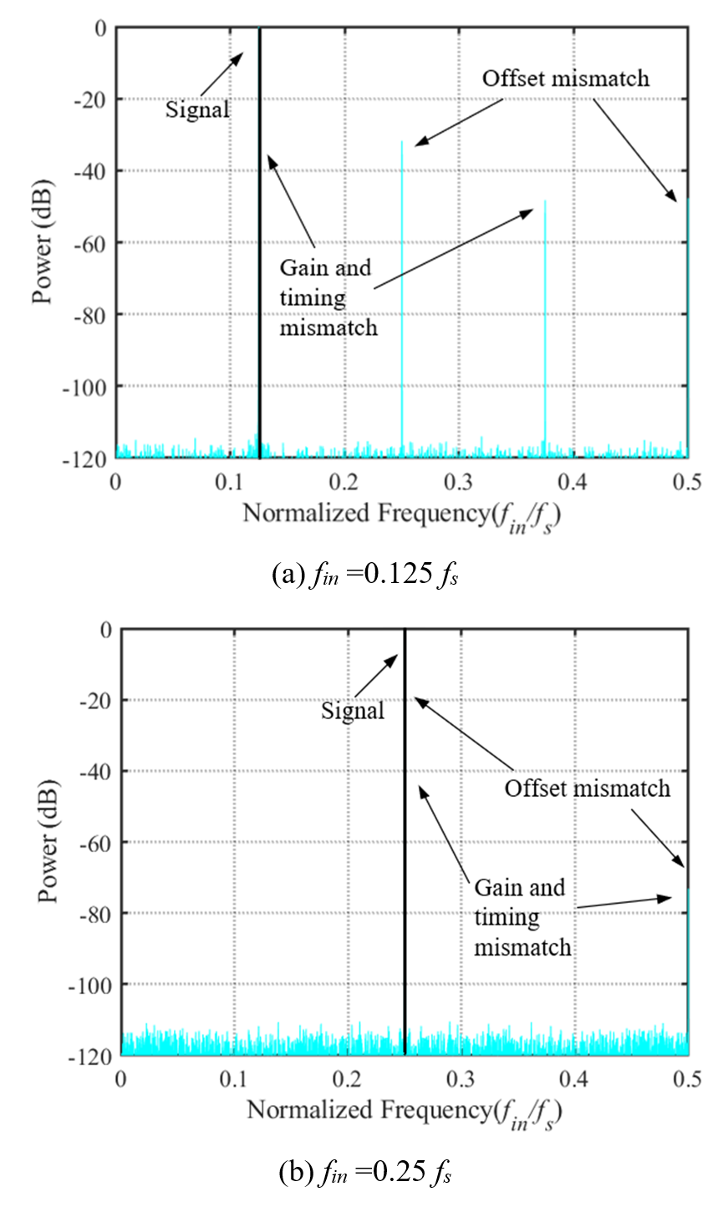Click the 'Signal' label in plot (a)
point(197,109)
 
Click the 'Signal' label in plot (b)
point(354,711)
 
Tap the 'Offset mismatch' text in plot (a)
point(566,79)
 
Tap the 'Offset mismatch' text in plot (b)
point(587,788)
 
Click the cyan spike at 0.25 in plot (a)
point(402,292)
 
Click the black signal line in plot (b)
point(405,835)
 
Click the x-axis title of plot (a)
point(401,514)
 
